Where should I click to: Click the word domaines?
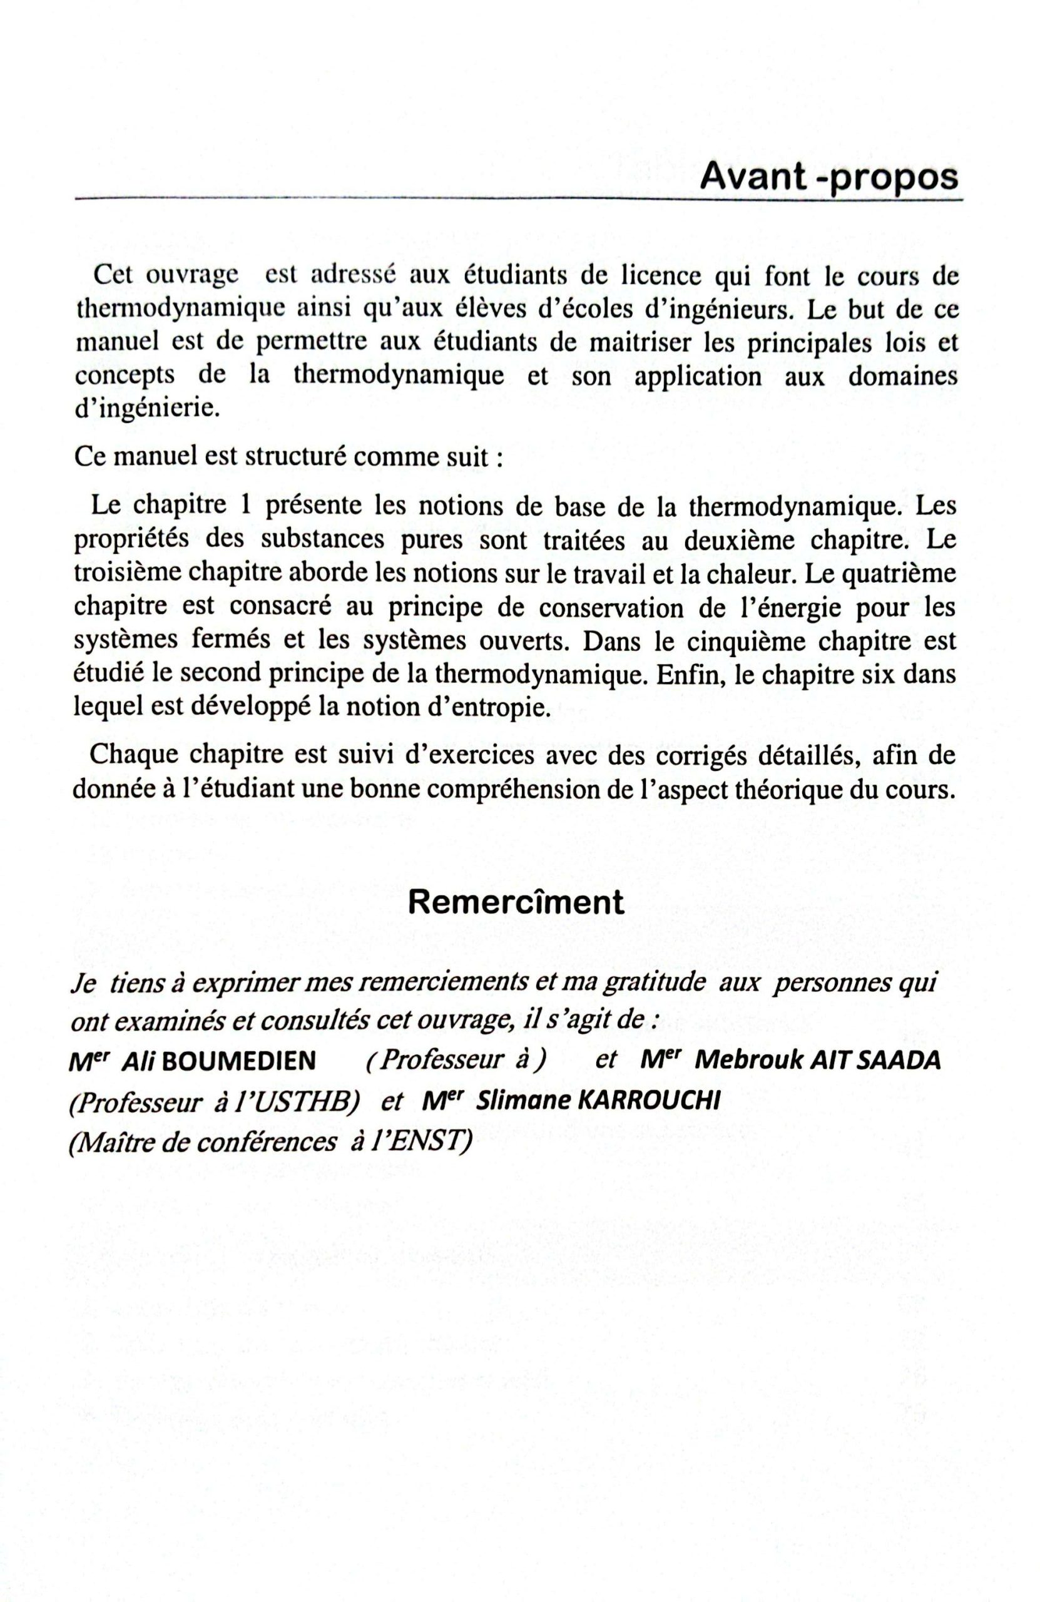tap(902, 375)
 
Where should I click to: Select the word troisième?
tap(125, 573)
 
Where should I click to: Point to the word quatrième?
tap(898, 573)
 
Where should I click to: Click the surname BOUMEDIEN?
tap(240, 1061)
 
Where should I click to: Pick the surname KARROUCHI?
tap(649, 1102)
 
